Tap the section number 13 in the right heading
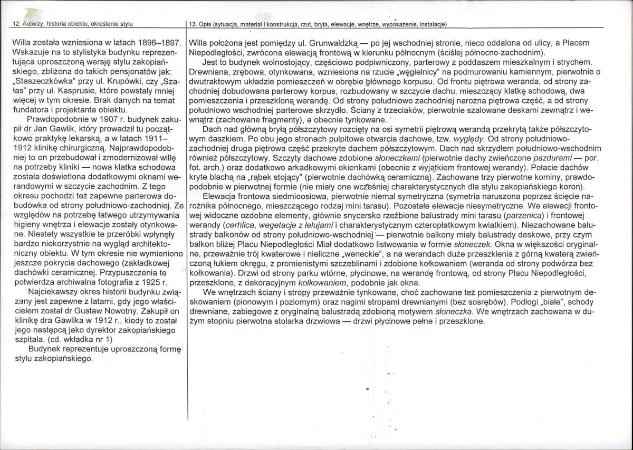coord(191,24)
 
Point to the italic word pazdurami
coord(553,158)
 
